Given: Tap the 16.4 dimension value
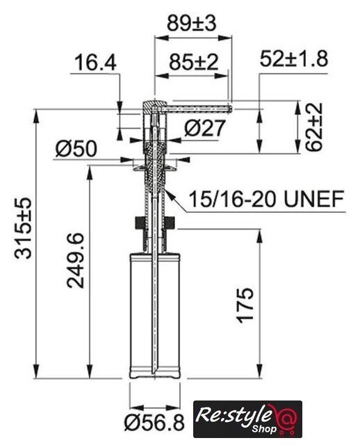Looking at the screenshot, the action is pos(95,63).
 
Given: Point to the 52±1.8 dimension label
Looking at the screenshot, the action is pos(294,58).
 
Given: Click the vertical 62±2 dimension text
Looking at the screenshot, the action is pos(314,127).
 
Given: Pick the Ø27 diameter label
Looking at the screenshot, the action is pos(204,128).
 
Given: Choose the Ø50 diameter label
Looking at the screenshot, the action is pos(76,149).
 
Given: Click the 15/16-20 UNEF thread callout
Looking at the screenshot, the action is pos(266,199).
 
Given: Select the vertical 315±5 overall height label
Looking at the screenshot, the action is pos(23,228).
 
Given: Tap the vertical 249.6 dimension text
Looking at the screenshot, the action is pos(75,261).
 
